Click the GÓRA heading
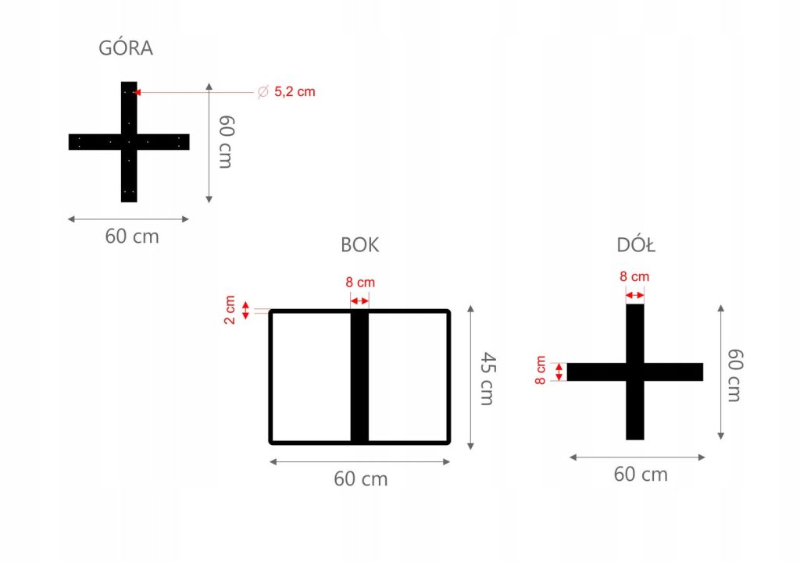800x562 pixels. (126, 48)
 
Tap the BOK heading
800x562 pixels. (360, 245)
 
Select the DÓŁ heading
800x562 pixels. (636, 245)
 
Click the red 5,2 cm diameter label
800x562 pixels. (295, 92)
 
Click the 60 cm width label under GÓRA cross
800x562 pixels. (132, 237)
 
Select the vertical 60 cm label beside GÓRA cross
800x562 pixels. (226, 141)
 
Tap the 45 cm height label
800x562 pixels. (487, 379)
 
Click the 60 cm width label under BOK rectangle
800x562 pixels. (360, 478)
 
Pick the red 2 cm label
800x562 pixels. (230, 310)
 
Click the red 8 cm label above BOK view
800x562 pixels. (360, 283)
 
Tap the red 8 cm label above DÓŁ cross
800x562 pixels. (634, 276)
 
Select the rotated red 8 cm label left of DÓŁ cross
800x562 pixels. (541, 370)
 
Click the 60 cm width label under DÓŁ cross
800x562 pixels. (641, 474)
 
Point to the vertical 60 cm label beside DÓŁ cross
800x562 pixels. (734, 375)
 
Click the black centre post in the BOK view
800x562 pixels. (359, 377)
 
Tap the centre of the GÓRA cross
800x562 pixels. (129, 141)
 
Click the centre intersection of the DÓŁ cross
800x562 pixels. (635, 372)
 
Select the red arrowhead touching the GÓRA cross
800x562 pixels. (137, 92)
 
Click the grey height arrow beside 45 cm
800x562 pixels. (470, 377)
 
